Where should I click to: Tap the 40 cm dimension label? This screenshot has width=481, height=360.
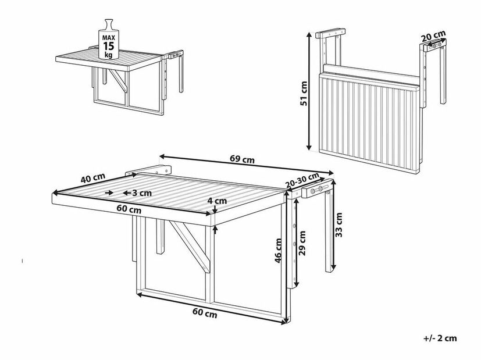[x=93, y=178]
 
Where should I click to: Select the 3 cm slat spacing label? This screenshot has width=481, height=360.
[x=142, y=193]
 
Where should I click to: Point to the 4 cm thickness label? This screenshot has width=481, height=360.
[x=217, y=201]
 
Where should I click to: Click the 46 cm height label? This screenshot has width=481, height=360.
[x=278, y=251]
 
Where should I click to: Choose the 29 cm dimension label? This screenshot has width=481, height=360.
[x=302, y=243]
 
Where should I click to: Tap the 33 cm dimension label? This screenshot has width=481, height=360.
[x=339, y=224]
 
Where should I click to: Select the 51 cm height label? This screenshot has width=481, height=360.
[x=304, y=93]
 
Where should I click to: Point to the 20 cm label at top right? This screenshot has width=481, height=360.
[x=433, y=37]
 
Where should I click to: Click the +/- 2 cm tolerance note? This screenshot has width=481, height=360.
[x=440, y=338]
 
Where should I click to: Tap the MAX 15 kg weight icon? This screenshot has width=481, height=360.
[x=109, y=39]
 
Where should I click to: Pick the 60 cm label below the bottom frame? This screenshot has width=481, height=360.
[x=205, y=312]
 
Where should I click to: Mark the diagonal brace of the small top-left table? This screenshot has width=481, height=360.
[x=119, y=80]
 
